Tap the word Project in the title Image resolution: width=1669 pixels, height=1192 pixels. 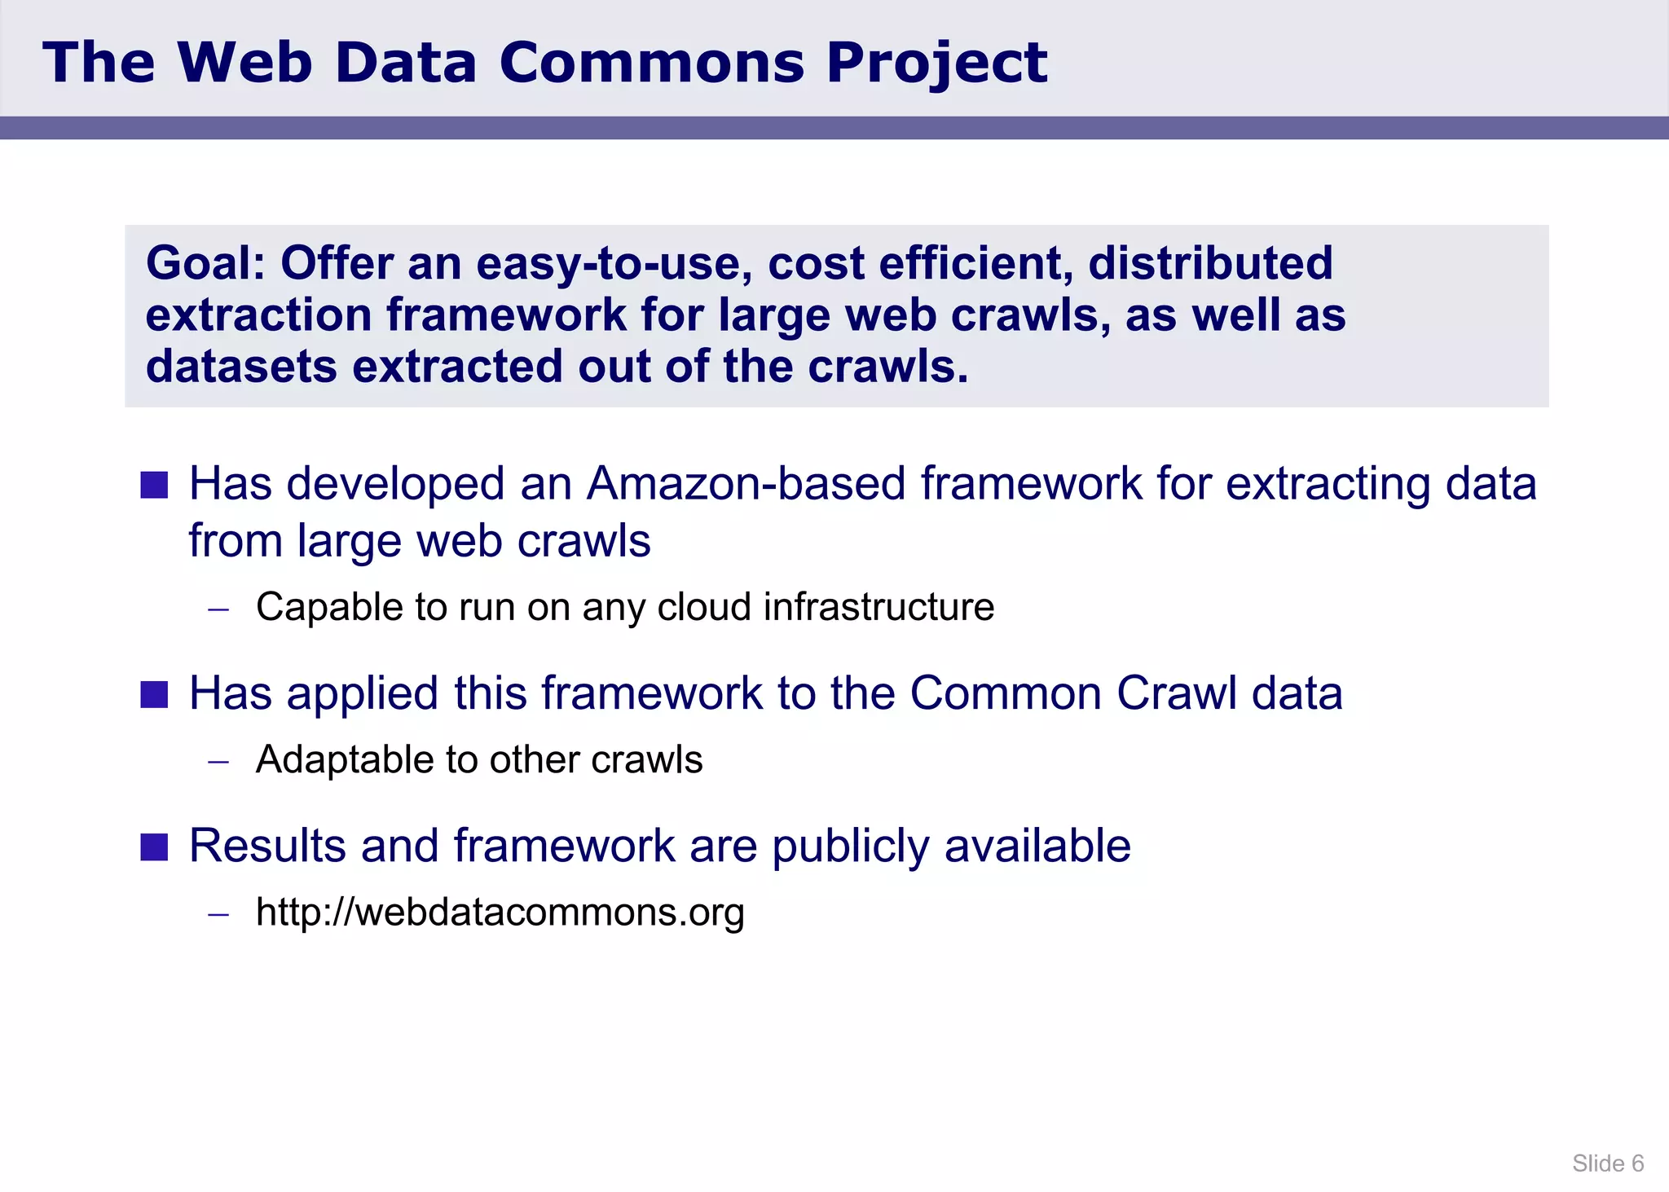(x=936, y=64)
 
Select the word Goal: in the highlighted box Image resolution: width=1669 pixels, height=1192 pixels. (x=205, y=263)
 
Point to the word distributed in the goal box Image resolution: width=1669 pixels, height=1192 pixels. (x=1210, y=263)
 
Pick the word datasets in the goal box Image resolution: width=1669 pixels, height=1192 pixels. (x=241, y=367)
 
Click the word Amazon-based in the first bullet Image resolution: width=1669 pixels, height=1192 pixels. (x=746, y=483)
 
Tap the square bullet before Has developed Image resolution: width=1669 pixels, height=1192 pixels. (x=154, y=485)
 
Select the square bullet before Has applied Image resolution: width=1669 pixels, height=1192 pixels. (x=154, y=694)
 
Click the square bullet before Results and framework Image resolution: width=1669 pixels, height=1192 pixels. (x=154, y=847)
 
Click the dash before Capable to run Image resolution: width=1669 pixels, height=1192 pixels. (x=218, y=609)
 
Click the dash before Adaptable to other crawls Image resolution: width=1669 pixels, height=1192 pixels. (x=218, y=761)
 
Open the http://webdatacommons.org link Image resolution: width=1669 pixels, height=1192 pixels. (x=500, y=913)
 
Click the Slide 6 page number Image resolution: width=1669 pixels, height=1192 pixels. (x=1607, y=1163)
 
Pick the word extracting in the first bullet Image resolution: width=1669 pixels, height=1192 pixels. (x=1328, y=483)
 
